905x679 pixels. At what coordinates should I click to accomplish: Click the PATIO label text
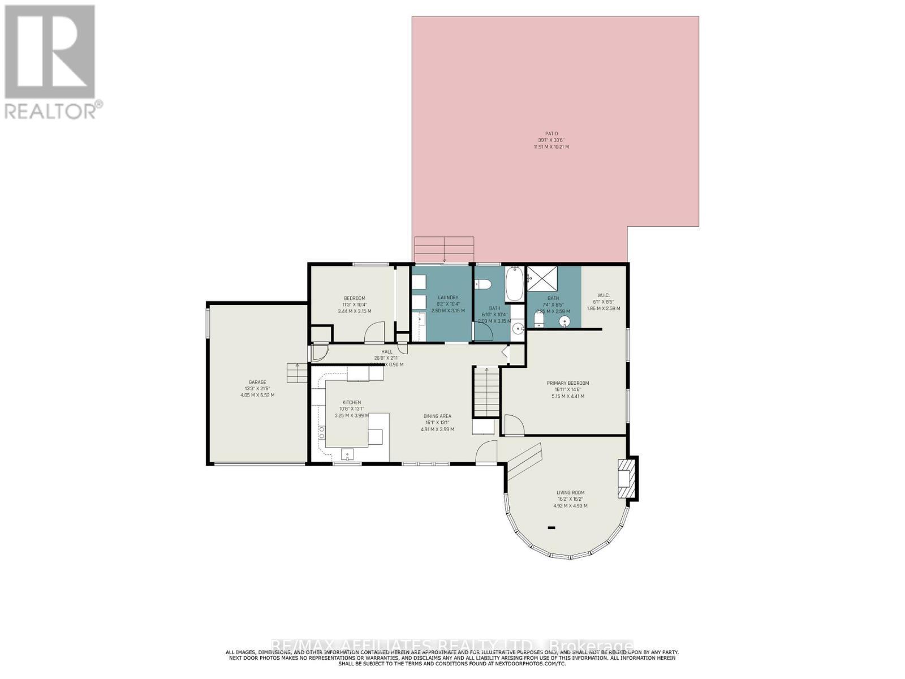click(x=551, y=134)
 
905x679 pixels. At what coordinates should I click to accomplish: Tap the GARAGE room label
click(x=257, y=382)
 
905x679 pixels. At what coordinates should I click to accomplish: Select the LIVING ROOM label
click(x=570, y=492)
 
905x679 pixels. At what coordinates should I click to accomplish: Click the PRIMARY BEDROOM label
click(x=567, y=383)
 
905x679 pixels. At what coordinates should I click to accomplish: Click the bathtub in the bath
click(x=515, y=285)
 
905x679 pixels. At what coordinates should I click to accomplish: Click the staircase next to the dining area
click(x=486, y=392)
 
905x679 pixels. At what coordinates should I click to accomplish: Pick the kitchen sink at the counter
click(x=347, y=453)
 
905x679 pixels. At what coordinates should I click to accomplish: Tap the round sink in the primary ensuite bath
click(x=564, y=321)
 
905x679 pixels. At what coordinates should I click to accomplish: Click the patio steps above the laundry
click(x=444, y=250)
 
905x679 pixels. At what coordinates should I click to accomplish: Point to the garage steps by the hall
click(x=296, y=373)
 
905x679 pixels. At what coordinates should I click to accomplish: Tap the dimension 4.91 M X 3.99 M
click(x=437, y=429)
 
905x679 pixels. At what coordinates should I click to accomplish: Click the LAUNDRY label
click(x=448, y=298)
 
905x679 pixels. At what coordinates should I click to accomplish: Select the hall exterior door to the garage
click(x=318, y=352)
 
